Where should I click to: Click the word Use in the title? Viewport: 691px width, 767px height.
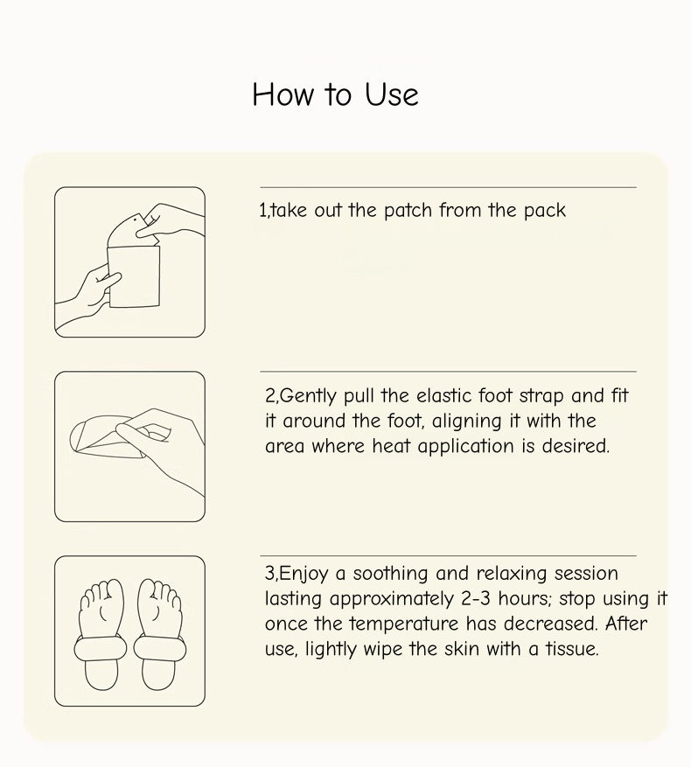tap(392, 94)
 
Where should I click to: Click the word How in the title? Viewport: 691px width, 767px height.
tap(283, 94)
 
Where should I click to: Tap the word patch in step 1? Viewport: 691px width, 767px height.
tap(408, 211)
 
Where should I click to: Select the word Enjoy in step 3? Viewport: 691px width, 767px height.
tap(303, 574)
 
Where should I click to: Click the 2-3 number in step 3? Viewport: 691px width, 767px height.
tap(476, 598)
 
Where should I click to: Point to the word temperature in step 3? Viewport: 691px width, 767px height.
tap(404, 624)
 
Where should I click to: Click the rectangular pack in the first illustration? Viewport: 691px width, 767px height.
tap(134, 276)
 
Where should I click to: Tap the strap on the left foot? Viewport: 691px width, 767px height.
tap(101, 649)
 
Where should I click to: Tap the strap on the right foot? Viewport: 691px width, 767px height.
tap(160, 649)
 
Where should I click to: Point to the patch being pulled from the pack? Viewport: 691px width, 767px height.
tap(129, 230)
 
